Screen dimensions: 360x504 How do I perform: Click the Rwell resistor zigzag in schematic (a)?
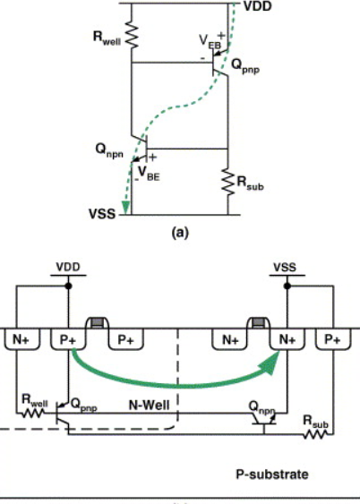[x=132, y=35]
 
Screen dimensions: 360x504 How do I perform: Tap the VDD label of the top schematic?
[x=258, y=6]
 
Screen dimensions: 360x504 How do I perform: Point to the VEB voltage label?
[x=210, y=41]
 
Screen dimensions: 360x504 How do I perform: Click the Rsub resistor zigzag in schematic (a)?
[x=228, y=182]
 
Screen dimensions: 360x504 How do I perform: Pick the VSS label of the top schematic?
[x=102, y=214]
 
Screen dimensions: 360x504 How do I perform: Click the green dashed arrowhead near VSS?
[x=125, y=208]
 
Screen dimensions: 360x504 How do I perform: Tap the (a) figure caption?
[x=180, y=232]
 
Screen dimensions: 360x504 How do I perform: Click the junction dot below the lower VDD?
[x=68, y=286]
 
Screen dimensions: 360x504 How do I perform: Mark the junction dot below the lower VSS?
[x=287, y=286]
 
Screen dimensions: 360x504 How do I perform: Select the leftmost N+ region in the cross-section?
[x=21, y=339]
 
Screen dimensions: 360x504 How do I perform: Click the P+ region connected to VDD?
[x=68, y=339]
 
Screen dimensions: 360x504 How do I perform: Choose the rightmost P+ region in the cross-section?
[x=333, y=339]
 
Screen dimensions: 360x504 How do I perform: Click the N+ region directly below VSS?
[x=287, y=339]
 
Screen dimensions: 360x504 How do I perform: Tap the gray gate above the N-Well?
[x=97, y=322]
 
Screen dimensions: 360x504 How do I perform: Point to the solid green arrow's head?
[x=272, y=362]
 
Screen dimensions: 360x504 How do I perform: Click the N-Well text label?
[x=150, y=405]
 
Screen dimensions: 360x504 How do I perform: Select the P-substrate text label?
[x=272, y=474]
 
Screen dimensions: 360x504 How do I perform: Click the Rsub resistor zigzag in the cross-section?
[x=315, y=434]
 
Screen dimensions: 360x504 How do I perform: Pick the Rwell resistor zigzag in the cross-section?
[x=32, y=414]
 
